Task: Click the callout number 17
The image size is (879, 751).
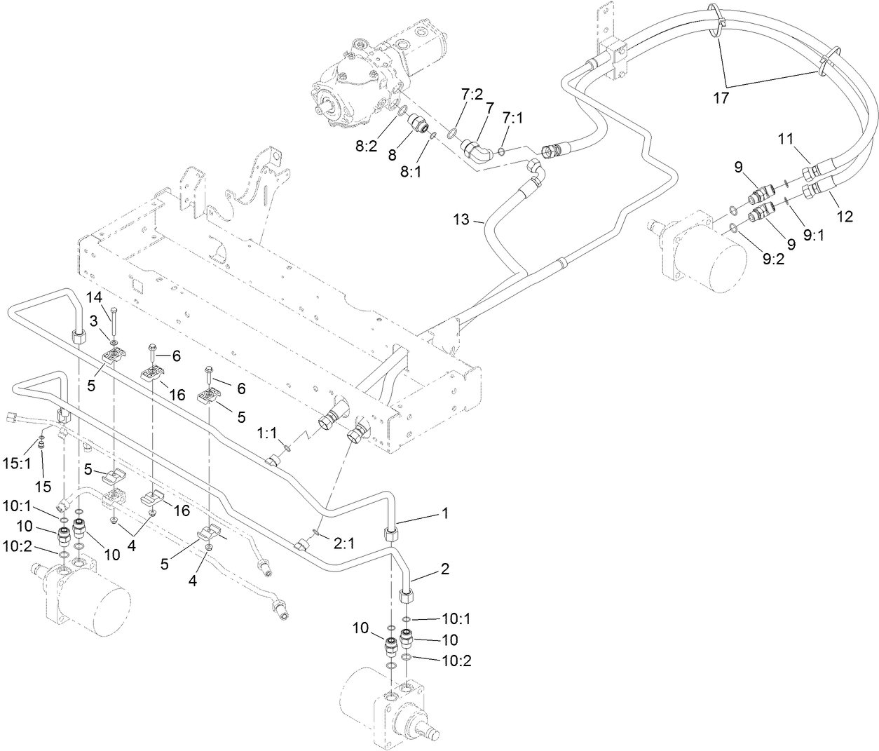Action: (721, 98)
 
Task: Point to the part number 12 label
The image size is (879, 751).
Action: (844, 217)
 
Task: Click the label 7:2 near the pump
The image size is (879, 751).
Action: (472, 95)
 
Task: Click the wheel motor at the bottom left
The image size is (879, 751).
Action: (88, 600)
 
